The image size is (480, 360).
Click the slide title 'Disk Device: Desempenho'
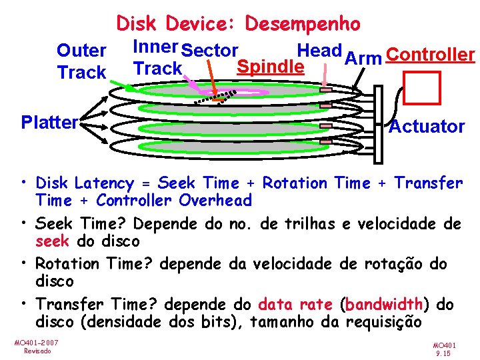[x=239, y=24]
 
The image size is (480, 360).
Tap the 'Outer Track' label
[x=82, y=61]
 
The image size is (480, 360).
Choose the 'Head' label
[x=319, y=50]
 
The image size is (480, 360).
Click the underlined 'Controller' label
[x=430, y=55]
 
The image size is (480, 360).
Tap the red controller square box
[x=423, y=87]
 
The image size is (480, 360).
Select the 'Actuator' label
[x=427, y=126]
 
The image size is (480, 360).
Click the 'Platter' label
[x=49, y=122]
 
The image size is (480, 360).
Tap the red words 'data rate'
[x=295, y=305]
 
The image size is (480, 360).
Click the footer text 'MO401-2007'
[x=36, y=342]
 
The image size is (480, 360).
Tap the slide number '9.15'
[x=442, y=354]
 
